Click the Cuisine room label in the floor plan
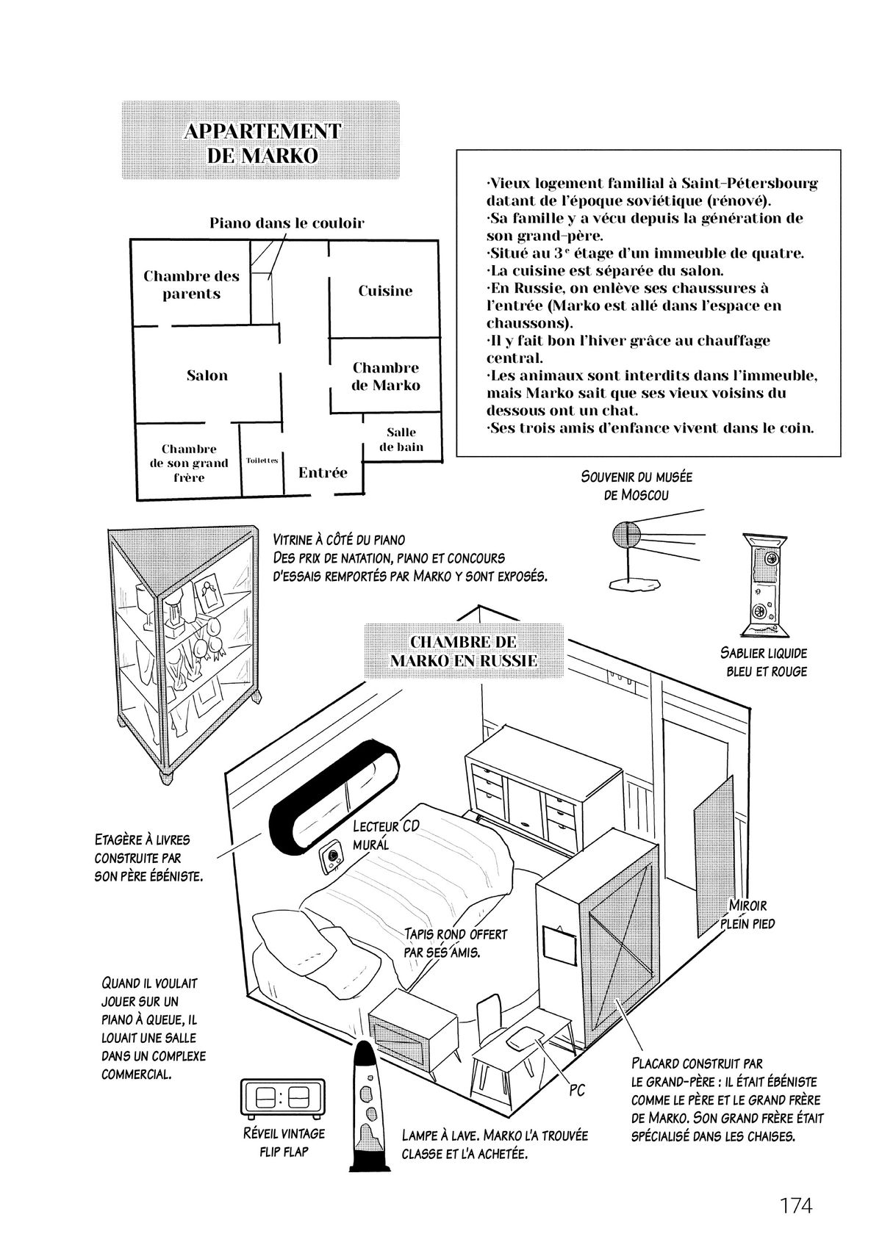[385, 291]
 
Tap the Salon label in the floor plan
[207, 375]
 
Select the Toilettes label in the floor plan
[262, 461]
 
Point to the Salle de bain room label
[401, 439]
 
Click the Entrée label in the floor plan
[323, 472]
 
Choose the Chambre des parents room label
[191, 285]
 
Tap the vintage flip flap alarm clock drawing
[283, 1099]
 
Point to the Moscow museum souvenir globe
[625, 534]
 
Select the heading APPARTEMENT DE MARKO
[262, 143]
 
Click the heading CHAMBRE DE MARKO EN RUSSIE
[463, 650]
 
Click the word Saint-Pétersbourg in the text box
[749, 183]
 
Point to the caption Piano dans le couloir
[287, 223]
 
